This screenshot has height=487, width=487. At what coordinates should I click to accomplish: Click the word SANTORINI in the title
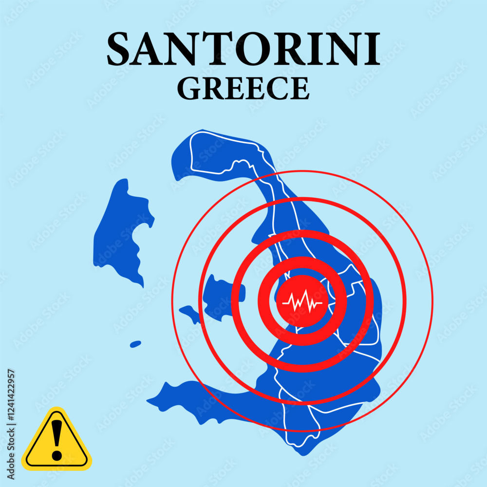[x=243, y=50]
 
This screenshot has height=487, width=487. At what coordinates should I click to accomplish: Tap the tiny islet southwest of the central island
[x=136, y=344]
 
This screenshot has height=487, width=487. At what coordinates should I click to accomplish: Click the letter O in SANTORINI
[x=243, y=50]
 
